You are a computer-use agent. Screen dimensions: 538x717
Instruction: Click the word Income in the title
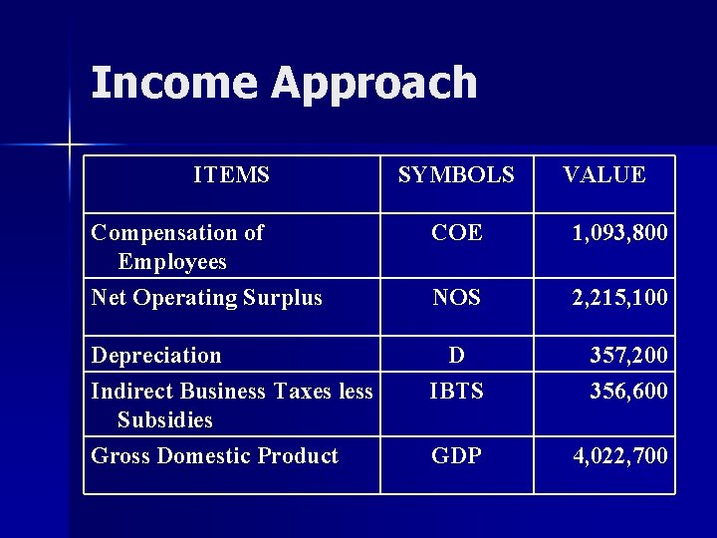[175, 83]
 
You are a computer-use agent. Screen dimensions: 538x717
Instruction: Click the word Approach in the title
[374, 85]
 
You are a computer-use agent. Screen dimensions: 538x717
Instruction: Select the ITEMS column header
[231, 175]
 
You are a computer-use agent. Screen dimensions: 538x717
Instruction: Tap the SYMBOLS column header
[456, 175]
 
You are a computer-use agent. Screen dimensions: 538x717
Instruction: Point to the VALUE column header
[603, 175]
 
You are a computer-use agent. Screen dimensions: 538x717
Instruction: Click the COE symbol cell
[456, 233]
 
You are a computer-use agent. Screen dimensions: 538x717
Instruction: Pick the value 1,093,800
[619, 234]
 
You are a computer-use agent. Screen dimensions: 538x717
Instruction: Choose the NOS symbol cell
[456, 297]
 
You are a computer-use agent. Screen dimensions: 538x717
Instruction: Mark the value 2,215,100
[619, 298]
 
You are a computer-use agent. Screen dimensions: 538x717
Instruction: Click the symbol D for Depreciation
[456, 355]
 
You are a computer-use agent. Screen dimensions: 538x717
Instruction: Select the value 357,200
[628, 356]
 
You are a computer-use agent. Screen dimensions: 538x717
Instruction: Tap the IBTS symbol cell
[456, 392]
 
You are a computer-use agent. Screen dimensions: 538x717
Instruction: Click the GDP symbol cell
[456, 456]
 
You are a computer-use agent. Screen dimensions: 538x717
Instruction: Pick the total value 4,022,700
[619, 457]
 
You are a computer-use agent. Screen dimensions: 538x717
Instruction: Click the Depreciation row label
[156, 356]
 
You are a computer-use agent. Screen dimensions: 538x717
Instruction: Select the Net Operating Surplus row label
[206, 298]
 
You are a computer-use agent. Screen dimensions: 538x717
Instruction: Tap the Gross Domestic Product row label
[214, 456]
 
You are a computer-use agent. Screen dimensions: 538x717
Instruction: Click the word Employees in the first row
[172, 262]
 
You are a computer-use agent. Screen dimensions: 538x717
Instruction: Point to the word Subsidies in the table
[165, 420]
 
